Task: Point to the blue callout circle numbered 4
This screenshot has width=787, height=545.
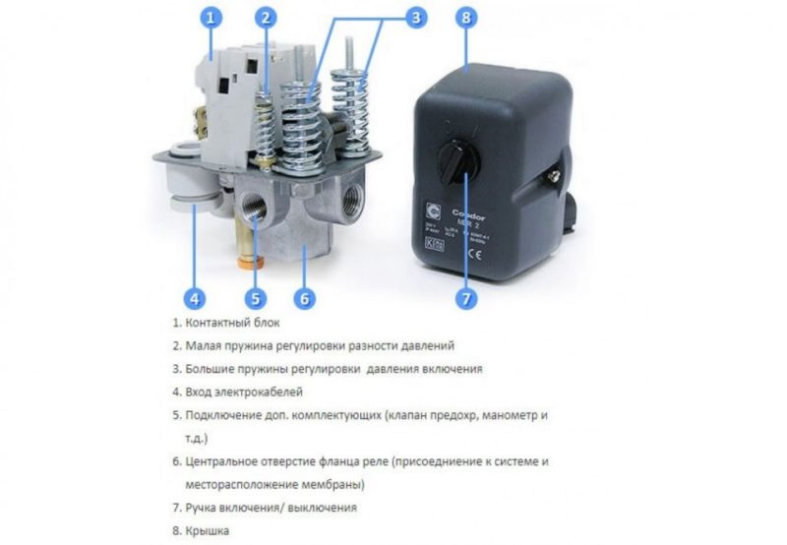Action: [196, 298]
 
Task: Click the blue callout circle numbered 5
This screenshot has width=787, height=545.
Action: [255, 298]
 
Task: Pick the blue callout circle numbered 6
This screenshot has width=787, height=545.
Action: [305, 298]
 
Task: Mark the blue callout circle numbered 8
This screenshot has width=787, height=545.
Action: [466, 18]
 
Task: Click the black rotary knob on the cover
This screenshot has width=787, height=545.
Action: [459, 156]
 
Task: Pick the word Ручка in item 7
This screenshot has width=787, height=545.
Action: [203, 508]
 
